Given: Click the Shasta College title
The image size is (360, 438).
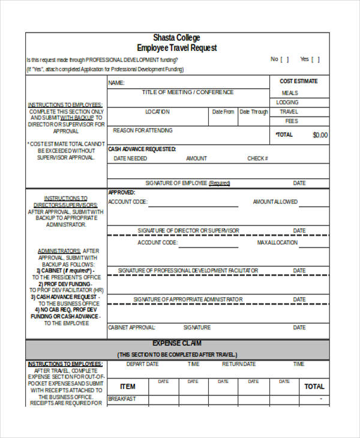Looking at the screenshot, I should (176, 38).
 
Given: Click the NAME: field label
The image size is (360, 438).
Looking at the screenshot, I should (116, 83).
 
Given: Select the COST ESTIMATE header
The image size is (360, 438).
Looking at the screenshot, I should (298, 81).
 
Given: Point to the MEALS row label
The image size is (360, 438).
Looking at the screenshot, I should (290, 93).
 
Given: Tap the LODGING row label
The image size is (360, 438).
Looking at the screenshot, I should (287, 103).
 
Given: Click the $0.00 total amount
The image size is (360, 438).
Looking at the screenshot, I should (320, 135).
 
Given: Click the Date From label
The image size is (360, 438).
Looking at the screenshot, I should (223, 112).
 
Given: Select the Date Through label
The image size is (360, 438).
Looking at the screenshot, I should (254, 112).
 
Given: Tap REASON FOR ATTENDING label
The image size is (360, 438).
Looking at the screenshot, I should (143, 130).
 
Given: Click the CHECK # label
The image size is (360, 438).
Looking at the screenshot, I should (257, 158).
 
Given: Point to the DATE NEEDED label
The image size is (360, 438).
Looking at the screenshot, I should (130, 158).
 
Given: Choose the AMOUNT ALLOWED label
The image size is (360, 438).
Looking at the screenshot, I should (275, 202).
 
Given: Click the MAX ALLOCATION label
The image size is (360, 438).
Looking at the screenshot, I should (277, 242).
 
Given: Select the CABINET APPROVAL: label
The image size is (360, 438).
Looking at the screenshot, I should (131, 328).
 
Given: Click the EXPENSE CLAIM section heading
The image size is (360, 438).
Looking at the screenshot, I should (176, 344).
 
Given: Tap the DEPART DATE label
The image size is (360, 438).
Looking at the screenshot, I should (142, 364).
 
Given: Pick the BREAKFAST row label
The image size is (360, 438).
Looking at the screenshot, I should (122, 399).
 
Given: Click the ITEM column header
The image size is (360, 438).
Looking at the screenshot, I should (128, 386).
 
